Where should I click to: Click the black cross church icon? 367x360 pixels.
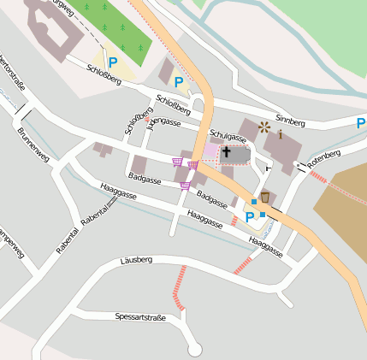[226, 154]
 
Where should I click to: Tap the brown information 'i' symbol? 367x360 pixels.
[280, 133]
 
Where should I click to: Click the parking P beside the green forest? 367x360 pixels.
[112, 62]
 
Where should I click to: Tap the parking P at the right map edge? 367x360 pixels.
[361, 123]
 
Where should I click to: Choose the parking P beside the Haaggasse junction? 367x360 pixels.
[250, 217]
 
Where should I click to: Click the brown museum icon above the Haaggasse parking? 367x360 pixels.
[265, 198]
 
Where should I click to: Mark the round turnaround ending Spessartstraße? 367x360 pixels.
[195, 349]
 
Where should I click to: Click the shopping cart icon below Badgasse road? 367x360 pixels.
[185, 186]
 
